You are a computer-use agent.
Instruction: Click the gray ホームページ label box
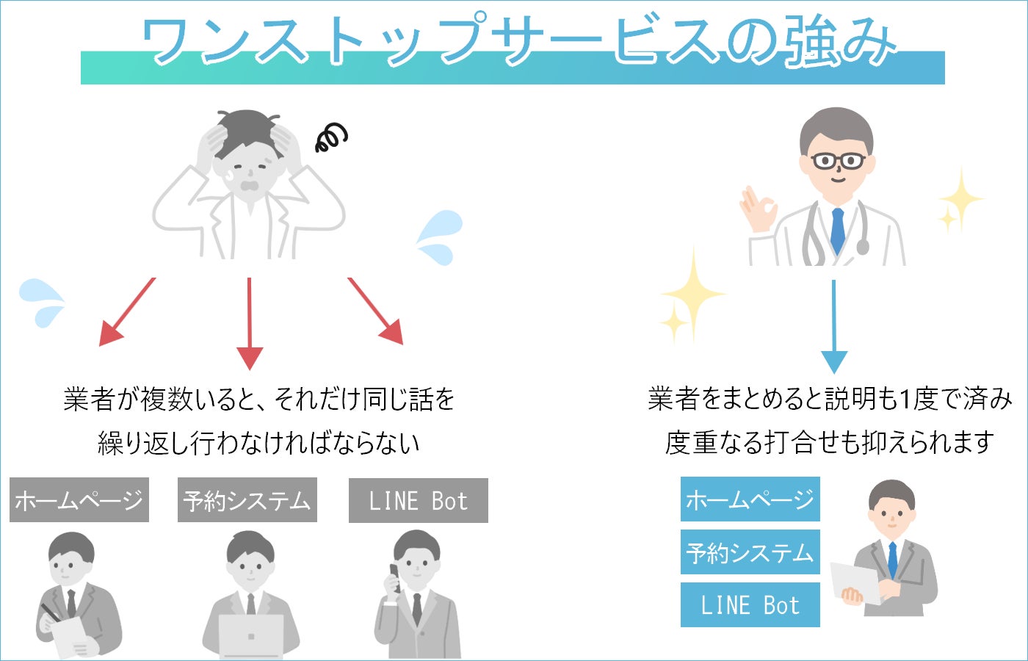[x=79, y=500]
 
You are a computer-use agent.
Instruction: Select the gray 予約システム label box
[x=247, y=500]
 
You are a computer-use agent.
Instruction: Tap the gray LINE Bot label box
[x=418, y=501]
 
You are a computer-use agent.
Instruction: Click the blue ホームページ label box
[x=750, y=499]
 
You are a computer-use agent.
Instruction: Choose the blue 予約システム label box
[x=750, y=552]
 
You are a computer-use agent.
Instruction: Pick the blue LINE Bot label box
[x=750, y=605]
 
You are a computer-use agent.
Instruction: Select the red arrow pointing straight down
[x=250, y=323]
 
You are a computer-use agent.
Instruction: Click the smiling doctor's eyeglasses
[x=838, y=161]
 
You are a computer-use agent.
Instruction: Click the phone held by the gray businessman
[x=394, y=577]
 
